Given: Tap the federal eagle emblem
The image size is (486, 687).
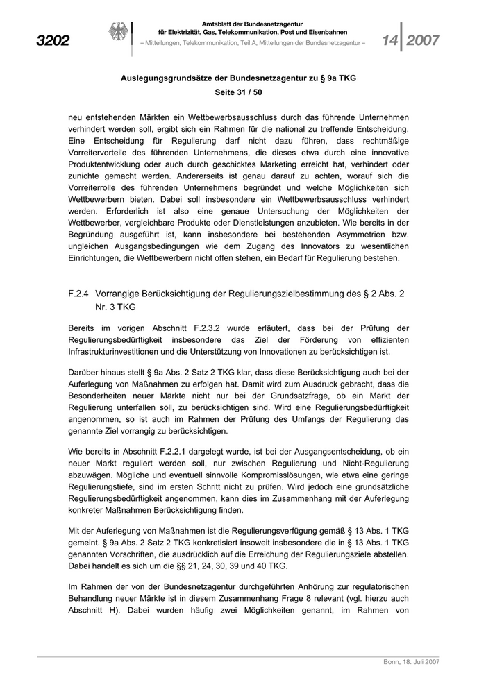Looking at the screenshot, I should pyautogui.click(x=116, y=33).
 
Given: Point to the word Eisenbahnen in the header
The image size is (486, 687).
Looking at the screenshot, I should pyautogui.click(x=328, y=33).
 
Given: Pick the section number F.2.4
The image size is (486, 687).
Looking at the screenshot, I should pyautogui.click(x=78, y=294).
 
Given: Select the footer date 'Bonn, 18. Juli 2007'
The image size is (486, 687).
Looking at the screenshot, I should pyautogui.click(x=411, y=663).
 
